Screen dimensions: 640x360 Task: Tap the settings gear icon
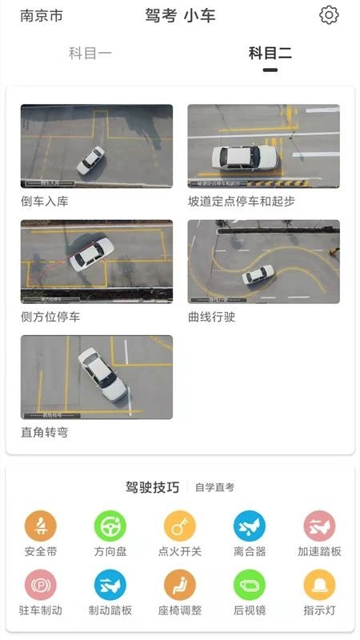pyautogui.click(x=329, y=15)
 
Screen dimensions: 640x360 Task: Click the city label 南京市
pyautogui.click(x=42, y=16)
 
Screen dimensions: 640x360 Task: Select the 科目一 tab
pyautogui.click(x=90, y=54)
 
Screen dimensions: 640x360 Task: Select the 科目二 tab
pyautogui.click(x=270, y=54)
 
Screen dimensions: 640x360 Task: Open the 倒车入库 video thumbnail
pyautogui.click(x=96, y=146)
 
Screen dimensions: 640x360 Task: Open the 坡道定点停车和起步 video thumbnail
pyautogui.click(x=263, y=146)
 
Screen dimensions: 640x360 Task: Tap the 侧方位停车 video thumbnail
pyautogui.click(x=96, y=262)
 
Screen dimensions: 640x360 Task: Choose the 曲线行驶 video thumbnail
pyautogui.click(x=263, y=262)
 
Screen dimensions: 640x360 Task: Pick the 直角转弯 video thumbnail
pyautogui.click(x=96, y=377)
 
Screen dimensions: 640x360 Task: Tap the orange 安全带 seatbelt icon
pyautogui.click(x=41, y=526)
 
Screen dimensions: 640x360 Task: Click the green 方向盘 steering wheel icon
pyautogui.click(x=110, y=526)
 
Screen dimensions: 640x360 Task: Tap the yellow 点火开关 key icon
pyautogui.click(x=180, y=526)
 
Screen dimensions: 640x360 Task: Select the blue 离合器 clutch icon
pyautogui.click(x=250, y=526)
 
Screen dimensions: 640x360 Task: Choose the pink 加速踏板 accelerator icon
pyautogui.click(x=319, y=526)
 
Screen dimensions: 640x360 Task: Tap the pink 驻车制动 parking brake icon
pyautogui.click(x=41, y=585)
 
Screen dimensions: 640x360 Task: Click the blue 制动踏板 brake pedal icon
pyautogui.click(x=110, y=585)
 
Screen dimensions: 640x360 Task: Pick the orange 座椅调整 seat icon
pyautogui.click(x=180, y=585)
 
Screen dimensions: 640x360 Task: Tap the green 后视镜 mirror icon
pyautogui.click(x=250, y=585)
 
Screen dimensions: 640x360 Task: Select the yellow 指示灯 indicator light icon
pyautogui.click(x=319, y=585)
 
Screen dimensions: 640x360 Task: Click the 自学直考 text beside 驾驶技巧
pyautogui.click(x=214, y=487)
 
